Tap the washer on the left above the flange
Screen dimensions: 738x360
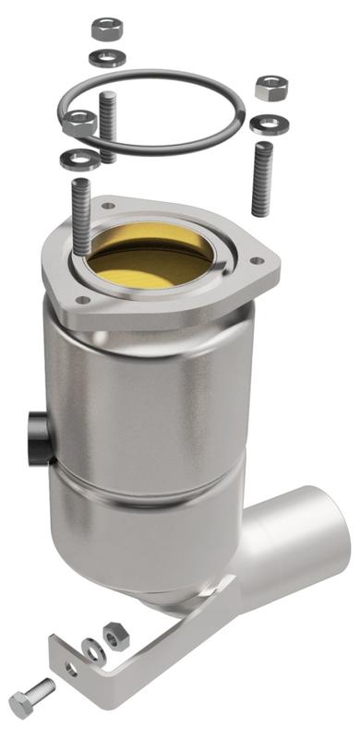pyautogui.click(x=74, y=160)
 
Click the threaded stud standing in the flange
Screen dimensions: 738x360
pyautogui.click(x=77, y=217)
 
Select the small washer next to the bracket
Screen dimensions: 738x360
pyautogui.click(x=90, y=648)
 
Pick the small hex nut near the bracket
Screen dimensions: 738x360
pyautogui.click(x=114, y=636)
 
